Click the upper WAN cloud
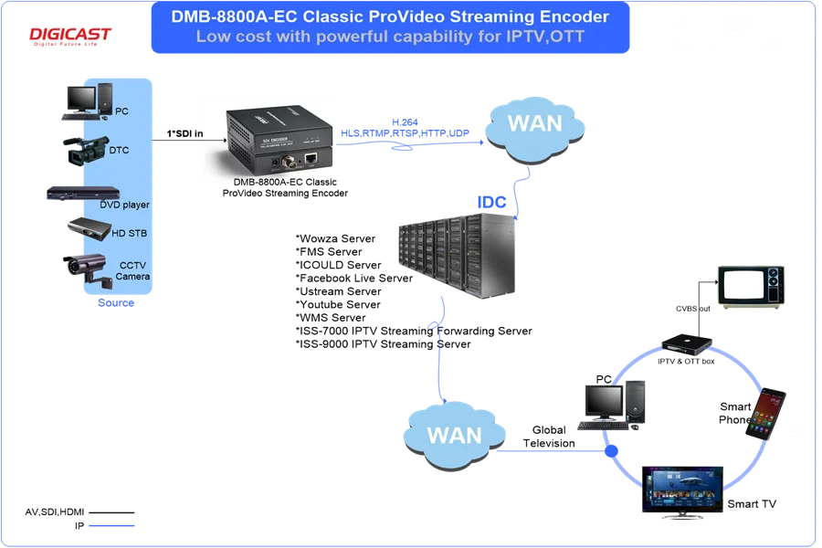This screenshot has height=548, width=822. (534, 124)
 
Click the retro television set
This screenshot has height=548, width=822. (751, 286)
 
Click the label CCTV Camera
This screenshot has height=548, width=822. (132, 270)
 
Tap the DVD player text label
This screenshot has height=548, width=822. (124, 205)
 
